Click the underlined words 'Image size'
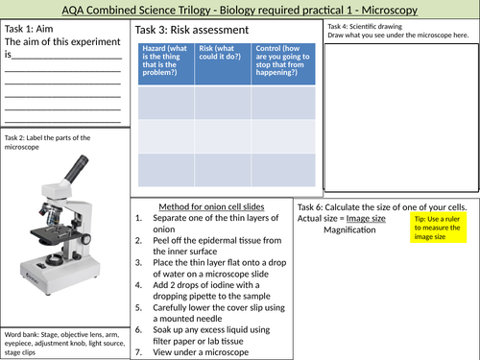pos(366,219)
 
